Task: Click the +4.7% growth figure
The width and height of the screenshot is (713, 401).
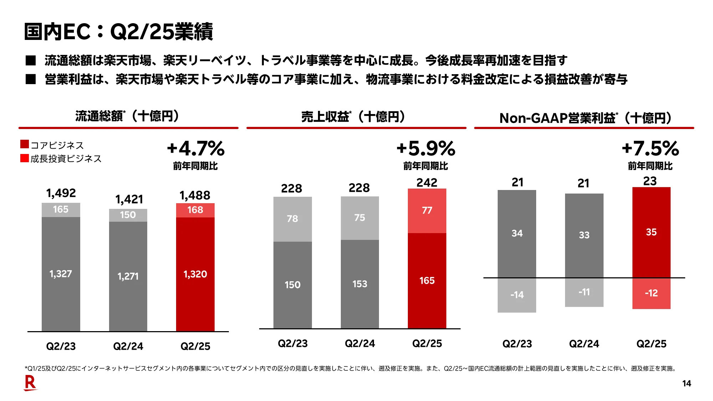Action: pos(196,149)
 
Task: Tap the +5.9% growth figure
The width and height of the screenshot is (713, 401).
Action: pos(426,149)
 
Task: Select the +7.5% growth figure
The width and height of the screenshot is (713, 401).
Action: pos(650,149)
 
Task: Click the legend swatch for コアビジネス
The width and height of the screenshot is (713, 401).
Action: pos(25,144)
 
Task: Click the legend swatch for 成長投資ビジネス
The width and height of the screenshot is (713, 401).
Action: pos(25,158)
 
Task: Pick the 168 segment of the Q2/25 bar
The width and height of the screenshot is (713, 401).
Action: pos(195,210)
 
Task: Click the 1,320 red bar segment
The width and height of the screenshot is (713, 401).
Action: pos(195,274)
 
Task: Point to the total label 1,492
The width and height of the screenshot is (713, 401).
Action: pos(61,193)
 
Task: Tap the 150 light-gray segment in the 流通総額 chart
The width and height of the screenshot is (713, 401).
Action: pos(128,215)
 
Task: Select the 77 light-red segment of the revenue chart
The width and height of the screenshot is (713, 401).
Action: pos(427,211)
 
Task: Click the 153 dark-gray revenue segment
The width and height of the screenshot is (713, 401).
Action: pos(360,284)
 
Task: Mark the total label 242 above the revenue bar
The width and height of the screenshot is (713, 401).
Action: pos(427,182)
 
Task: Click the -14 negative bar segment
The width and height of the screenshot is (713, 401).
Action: pos(517,295)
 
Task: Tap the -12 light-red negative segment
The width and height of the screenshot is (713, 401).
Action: pos(651,293)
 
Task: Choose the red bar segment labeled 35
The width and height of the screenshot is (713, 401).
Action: pos(651,232)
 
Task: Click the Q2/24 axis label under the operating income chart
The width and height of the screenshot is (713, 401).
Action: pos(584,344)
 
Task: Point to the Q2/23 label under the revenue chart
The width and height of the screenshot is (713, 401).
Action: pos(293,344)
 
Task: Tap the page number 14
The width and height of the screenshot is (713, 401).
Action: pos(687,384)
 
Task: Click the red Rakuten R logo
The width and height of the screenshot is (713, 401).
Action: pos(30,383)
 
